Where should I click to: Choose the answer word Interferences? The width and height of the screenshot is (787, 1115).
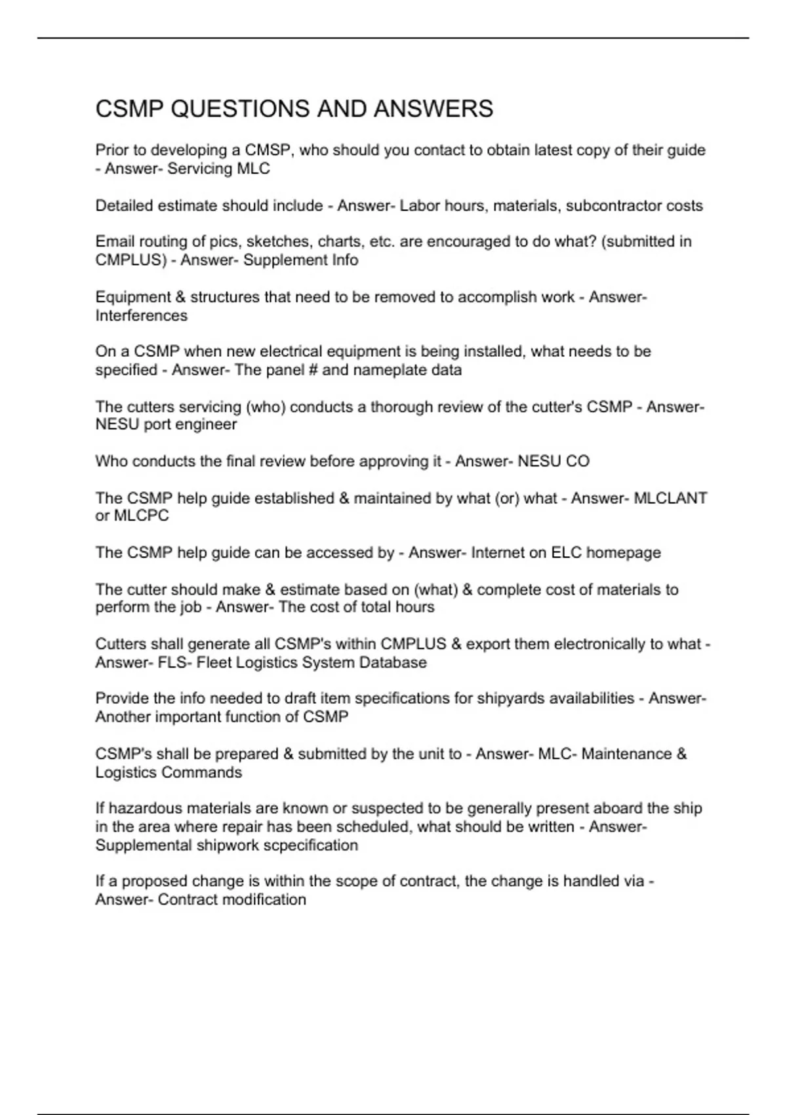[141, 316]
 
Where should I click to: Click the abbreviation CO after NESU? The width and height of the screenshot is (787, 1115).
[577, 462]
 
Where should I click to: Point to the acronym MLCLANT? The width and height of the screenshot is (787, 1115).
[670, 498]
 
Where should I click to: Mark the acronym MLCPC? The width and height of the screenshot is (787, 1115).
[141, 516]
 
